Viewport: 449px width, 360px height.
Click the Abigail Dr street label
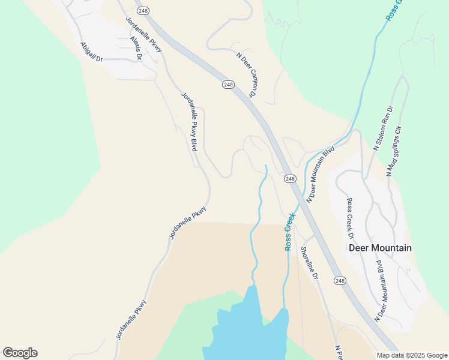[91, 52]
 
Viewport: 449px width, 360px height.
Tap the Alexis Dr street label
[136, 49]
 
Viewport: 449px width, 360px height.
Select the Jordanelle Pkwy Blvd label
[190, 121]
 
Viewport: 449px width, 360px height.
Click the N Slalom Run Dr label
[382, 127]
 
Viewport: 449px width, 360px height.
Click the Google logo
[20, 353]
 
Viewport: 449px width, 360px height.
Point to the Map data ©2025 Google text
[412, 355]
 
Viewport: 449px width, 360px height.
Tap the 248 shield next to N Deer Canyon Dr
[228, 85]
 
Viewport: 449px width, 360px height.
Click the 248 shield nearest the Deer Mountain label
[340, 281]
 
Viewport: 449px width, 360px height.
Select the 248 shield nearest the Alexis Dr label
[142, 11]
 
